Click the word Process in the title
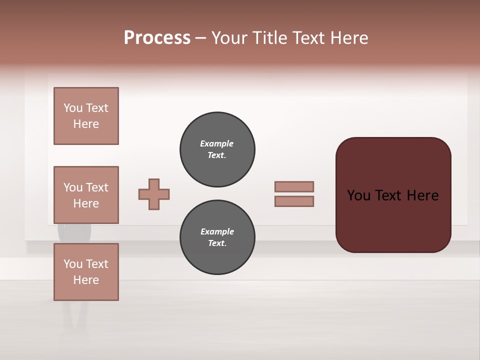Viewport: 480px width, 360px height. coord(157,38)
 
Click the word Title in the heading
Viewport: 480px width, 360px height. coord(271,38)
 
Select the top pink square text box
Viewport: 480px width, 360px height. coord(86,116)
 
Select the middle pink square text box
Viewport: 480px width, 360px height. coord(86,195)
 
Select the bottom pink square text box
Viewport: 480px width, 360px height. coord(86,272)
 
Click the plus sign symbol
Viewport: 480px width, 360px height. coord(154,194)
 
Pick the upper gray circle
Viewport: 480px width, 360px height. coord(217,149)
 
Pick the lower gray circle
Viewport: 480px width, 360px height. coord(217,237)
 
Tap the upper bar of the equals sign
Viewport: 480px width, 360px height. coord(294,186)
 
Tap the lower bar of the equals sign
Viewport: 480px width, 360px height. coord(294,201)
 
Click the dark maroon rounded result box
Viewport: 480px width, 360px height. coord(393,220)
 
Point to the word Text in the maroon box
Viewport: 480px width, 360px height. coord(392,195)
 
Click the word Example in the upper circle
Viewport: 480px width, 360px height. coord(216,143)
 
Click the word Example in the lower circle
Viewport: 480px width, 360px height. coord(217,231)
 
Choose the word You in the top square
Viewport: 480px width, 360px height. coord(73,108)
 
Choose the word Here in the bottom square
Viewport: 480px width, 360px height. coord(86,280)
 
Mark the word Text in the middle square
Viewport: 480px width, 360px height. coord(97,187)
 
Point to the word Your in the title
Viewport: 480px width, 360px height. coord(230,38)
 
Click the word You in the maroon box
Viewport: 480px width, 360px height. coord(359,195)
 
